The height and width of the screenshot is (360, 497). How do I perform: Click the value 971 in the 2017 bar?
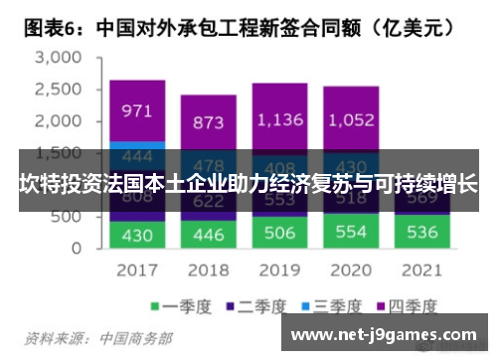pos(137,111)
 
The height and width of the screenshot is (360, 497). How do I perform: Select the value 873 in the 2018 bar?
pos(208,121)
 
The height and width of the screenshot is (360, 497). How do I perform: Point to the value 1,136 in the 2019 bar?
pos(278,119)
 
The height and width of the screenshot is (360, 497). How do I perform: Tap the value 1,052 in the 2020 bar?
pos(350,119)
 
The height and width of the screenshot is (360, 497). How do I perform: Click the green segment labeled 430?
pos(137,235)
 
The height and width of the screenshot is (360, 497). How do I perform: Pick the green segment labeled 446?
pos(208,235)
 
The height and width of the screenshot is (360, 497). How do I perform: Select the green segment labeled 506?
pos(278,233)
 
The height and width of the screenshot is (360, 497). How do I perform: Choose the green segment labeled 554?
pos(350,232)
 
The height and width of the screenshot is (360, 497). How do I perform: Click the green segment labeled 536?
pos(420,233)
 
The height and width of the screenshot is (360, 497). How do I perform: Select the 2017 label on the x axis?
pos(137,270)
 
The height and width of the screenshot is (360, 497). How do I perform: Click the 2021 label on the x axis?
pos(420,270)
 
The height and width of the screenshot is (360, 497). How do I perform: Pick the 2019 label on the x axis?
pos(278,270)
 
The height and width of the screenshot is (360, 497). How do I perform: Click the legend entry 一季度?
pos(179,305)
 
